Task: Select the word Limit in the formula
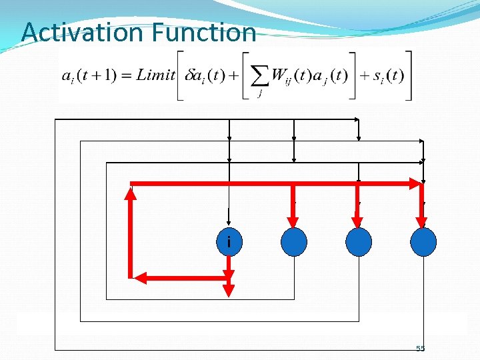(156, 75)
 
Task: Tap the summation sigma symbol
(259, 75)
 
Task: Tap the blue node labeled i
(229, 243)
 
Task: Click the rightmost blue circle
(423, 243)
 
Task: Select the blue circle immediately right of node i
(293, 243)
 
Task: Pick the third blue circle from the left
(359, 243)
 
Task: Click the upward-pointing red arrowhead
(131, 193)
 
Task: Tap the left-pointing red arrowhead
(139, 277)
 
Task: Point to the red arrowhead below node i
(229, 291)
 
